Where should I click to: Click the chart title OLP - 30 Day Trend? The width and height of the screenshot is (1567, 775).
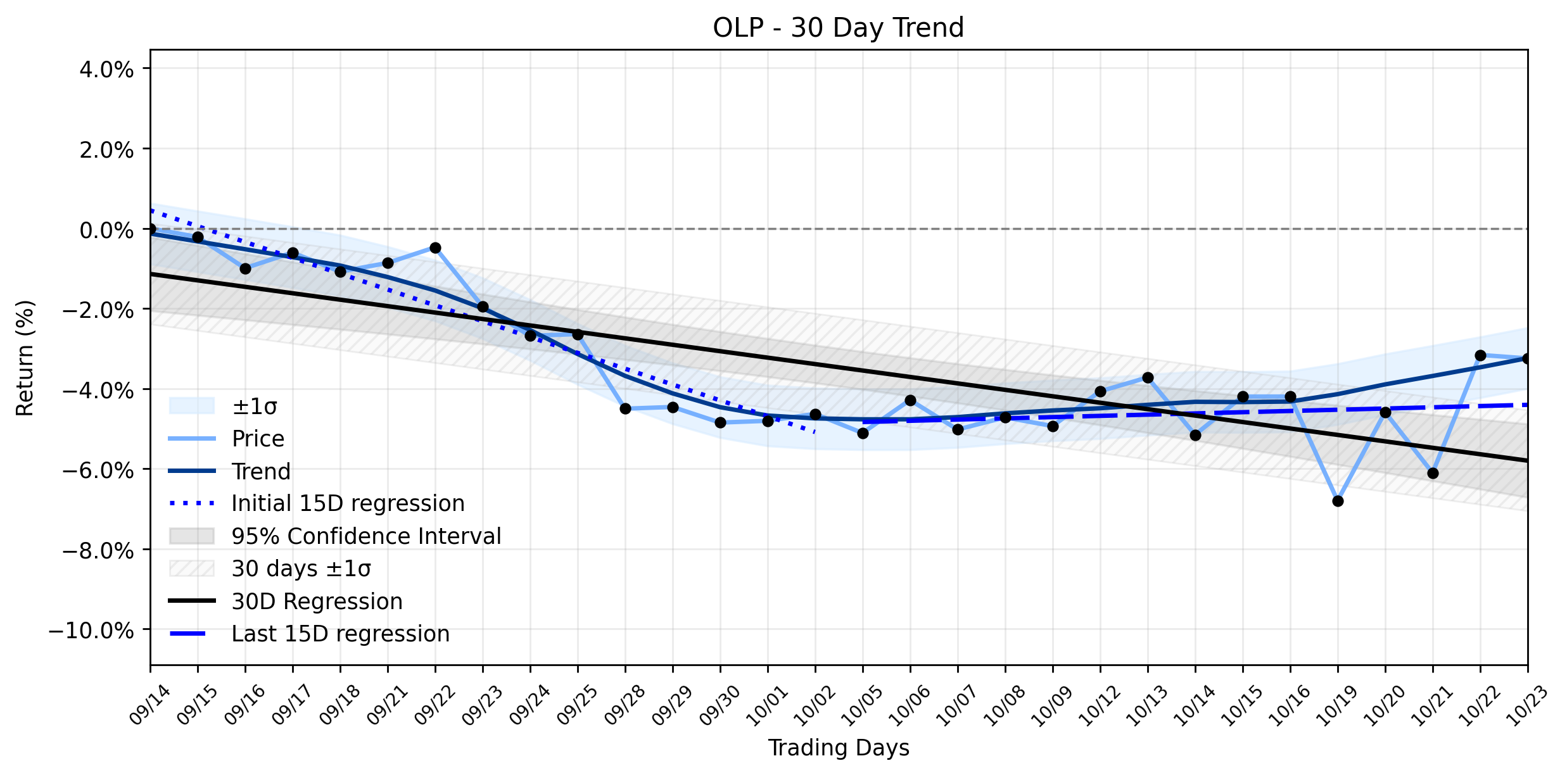(x=838, y=28)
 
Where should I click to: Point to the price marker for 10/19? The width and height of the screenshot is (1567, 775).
(x=1338, y=501)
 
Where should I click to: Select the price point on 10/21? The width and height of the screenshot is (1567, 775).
(x=1433, y=473)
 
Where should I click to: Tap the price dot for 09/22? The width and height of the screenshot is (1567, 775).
(x=435, y=248)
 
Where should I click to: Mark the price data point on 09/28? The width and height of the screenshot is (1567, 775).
(x=625, y=408)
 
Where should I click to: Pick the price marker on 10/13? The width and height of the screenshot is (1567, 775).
(x=1148, y=377)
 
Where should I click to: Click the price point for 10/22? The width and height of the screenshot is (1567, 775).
(x=1480, y=355)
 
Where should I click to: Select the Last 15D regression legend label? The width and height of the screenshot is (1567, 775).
(x=341, y=634)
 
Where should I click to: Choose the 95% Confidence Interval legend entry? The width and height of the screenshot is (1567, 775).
(x=366, y=536)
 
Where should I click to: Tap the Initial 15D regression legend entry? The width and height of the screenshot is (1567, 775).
(x=348, y=503)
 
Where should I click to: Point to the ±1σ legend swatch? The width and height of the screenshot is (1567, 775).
(x=192, y=406)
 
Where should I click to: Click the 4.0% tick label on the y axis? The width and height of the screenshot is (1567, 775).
(x=106, y=69)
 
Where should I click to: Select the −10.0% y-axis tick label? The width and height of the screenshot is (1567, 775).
(x=91, y=631)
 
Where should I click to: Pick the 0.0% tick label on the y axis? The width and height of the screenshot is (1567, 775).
(x=106, y=230)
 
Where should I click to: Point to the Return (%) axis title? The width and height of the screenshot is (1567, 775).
(x=25, y=358)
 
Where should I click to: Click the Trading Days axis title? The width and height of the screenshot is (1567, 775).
(x=839, y=748)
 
